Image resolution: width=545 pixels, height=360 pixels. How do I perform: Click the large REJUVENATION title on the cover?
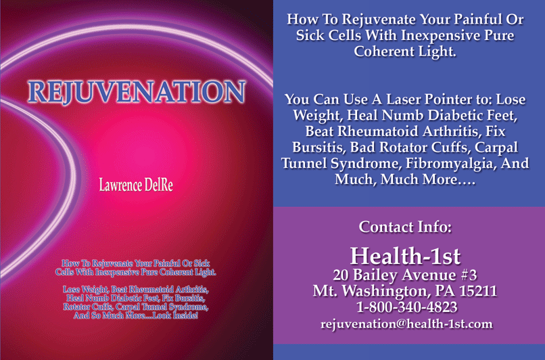(137, 92)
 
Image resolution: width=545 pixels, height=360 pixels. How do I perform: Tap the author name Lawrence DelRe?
(136, 185)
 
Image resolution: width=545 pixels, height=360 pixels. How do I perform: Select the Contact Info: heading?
(405, 227)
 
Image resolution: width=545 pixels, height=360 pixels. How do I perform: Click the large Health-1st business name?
(405, 256)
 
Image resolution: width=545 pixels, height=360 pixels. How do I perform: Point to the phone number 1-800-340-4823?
(406, 307)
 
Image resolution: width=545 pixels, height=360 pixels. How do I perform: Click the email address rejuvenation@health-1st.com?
(406, 324)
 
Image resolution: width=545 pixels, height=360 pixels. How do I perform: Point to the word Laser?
(404, 99)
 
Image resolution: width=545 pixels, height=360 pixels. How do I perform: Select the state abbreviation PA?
(445, 291)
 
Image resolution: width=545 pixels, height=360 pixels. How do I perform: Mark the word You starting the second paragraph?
(298, 99)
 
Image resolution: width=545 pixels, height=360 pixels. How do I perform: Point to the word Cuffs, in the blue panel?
(451, 148)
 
